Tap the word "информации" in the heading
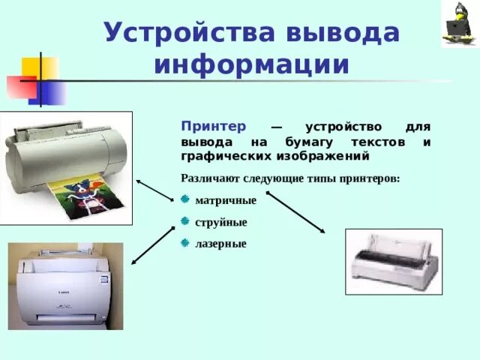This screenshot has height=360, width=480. click(252, 64)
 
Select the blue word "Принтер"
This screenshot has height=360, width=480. click(208, 127)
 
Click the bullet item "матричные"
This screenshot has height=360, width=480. click(225, 200)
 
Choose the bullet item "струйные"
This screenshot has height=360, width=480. click(220, 222)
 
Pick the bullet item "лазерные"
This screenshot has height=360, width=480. click(220, 244)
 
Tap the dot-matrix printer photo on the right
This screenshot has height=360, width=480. click(393, 261)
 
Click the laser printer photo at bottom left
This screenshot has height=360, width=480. click(65, 286)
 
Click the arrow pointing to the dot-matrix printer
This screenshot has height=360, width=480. click(295, 212)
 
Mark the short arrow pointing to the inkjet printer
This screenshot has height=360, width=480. click(154, 190)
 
